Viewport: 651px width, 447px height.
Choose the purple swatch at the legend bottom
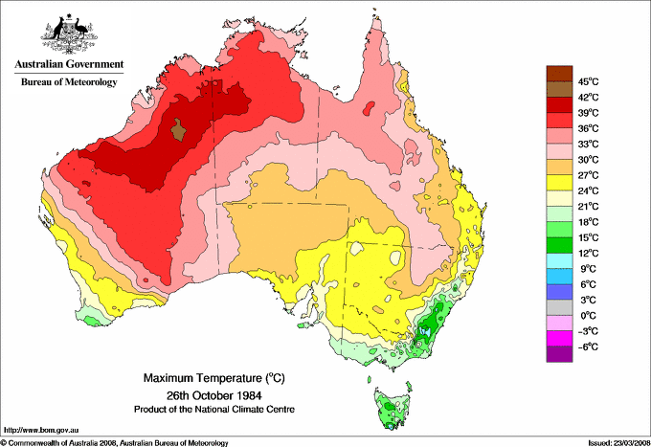click(558, 354)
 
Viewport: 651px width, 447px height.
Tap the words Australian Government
click(68, 65)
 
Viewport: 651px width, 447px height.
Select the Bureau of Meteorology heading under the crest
click(68, 82)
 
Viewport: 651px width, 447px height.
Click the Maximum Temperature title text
click(204, 378)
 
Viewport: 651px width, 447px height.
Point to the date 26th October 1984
click(204, 394)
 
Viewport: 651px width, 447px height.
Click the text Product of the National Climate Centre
click(204, 409)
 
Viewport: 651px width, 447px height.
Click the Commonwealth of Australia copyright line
click(115, 442)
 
